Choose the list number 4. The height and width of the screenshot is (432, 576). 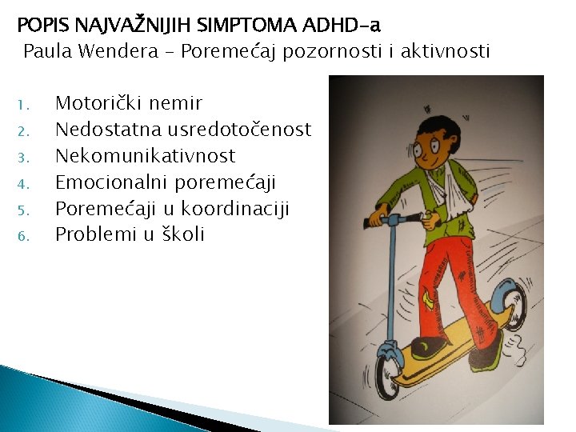[23, 183]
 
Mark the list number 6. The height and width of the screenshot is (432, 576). [23, 236]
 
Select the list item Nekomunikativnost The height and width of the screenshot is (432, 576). [145, 155]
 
